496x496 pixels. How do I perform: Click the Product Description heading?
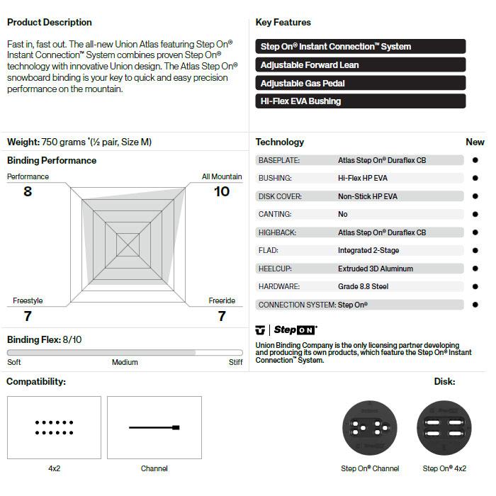50,23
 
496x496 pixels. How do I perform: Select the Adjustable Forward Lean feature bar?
360,65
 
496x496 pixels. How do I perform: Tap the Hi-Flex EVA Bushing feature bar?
360,101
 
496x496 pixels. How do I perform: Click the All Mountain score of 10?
222,191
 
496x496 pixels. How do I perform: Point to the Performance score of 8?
28,191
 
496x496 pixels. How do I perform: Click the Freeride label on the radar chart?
222,301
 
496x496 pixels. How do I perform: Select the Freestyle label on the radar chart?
28,301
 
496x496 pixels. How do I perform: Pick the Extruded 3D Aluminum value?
376,269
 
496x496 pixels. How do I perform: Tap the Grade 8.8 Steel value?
363,286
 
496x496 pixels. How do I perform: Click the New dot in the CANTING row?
475,214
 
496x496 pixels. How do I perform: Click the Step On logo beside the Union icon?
295,330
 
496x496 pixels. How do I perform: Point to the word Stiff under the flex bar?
235,363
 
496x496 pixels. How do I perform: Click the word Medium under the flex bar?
125,363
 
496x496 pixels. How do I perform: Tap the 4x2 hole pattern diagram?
54,427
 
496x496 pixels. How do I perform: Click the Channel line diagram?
154,427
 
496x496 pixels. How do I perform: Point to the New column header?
475,142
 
